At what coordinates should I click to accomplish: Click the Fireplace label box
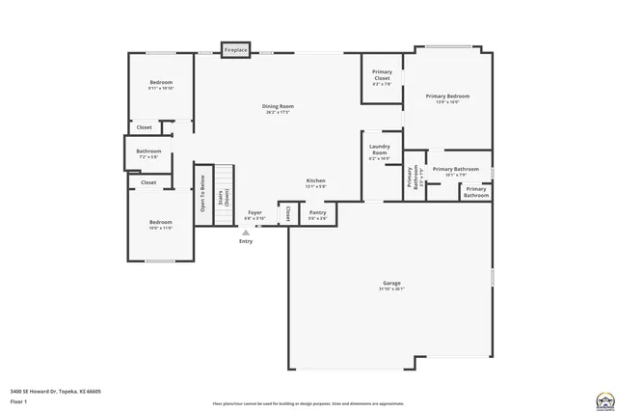click(236, 49)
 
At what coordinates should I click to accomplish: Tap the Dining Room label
click(278, 106)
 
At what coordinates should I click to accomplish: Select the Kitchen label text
click(315, 180)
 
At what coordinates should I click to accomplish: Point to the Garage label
click(390, 283)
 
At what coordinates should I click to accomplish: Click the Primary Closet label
click(382, 75)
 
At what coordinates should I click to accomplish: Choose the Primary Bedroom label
click(448, 96)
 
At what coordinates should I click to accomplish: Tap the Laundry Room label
click(379, 150)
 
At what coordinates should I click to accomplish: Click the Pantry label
click(317, 212)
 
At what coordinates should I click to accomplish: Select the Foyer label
click(255, 212)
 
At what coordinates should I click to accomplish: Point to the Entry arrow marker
click(246, 233)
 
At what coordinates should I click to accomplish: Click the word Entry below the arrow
click(246, 241)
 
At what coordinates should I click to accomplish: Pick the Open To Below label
click(202, 193)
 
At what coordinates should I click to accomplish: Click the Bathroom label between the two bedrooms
click(148, 151)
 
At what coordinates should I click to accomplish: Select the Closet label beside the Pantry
click(287, 213)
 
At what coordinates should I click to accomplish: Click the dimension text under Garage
click(390, 289)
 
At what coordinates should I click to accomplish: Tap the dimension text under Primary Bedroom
click(448, 102)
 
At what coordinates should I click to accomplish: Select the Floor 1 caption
click(18, 400)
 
